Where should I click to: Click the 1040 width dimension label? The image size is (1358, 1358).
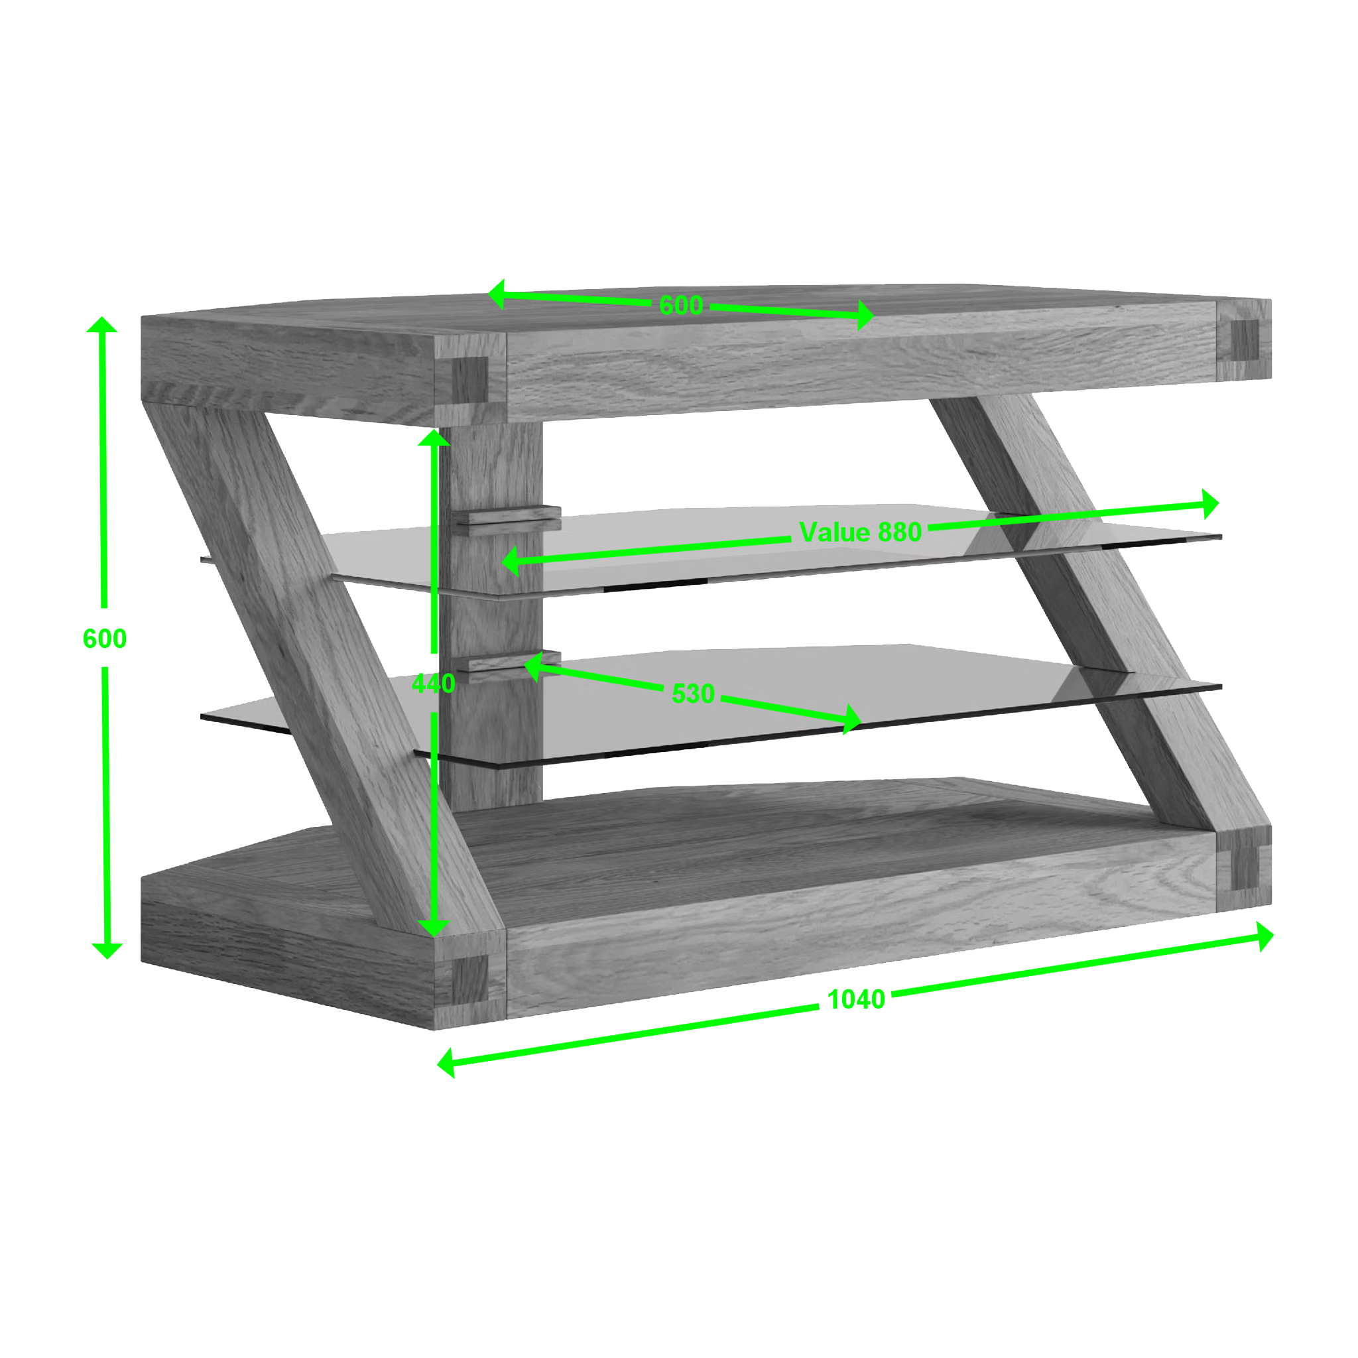click(x=856, y=999)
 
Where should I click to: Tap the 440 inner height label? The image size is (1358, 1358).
click(x=433, y=683)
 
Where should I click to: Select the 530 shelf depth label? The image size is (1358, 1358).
click(x=693, y=694)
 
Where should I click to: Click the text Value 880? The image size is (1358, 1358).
click(x=860, y=532)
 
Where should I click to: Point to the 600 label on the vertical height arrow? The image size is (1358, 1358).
click(x=105, y=639)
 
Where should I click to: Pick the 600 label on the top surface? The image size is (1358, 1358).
click(x=681, y=305)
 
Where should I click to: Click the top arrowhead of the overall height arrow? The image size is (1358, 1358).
click(x=102, y=324)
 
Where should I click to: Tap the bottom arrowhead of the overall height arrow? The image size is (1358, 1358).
click(x=107, y=951)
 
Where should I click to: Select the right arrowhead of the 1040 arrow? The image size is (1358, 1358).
click(x=1265, y=937)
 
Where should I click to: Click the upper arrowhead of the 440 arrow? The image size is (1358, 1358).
click(x=434, y=436)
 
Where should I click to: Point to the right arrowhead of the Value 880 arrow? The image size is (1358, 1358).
click(x=1210, y=504)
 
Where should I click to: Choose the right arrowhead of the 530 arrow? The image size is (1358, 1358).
click(x=852, y=719)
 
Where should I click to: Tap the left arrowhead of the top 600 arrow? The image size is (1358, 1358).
click(x=496, y=294)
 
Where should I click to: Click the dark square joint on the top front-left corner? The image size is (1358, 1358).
click(x=470, y=379)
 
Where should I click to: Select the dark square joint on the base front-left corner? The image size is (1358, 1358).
click(x=470, y=979)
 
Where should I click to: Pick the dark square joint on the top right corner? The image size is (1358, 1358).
click(x=1245, y=339)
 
